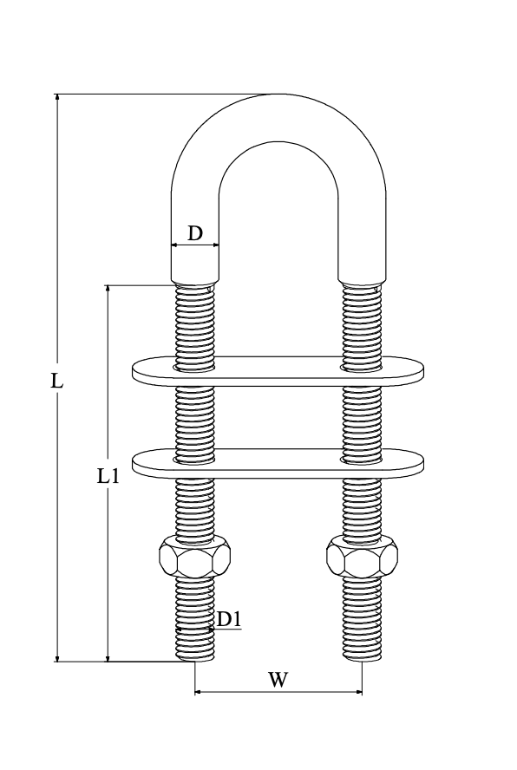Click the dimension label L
(57, 381)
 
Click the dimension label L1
(108, 476)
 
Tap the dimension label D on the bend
(195, 233)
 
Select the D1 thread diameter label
(229, 620)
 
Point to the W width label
(278, 680)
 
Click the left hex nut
(195, 557)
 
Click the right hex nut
(363, 557)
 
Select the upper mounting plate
(278, 371)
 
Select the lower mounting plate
(278, 463)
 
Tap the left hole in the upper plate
(194, 367)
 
